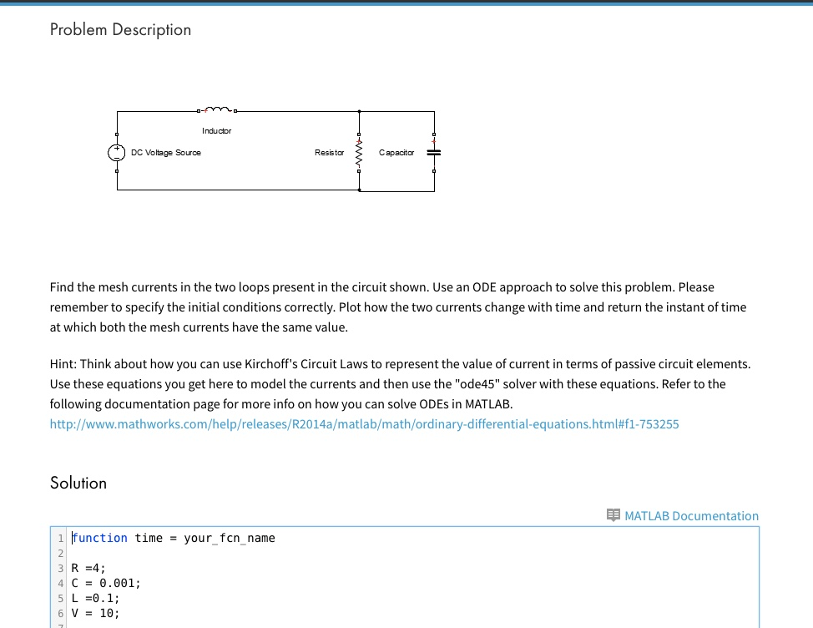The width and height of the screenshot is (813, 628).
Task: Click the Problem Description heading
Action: pos(120,30)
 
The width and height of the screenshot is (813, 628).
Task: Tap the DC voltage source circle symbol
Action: pos(116,153)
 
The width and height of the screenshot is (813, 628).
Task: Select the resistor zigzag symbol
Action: pos(359,153)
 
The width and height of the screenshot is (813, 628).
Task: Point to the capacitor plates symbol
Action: pos(433,153)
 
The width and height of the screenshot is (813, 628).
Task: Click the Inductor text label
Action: pos(216,131)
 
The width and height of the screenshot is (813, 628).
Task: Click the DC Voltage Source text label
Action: pos(166,153)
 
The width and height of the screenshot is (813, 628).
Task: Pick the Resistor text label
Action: pos(329,153)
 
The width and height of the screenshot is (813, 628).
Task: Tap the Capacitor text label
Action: pos(396,153)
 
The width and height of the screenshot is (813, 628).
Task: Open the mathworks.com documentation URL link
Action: pos(364,424)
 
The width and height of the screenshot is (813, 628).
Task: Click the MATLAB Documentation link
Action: pos(691,516)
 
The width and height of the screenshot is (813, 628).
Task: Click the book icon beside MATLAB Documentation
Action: pos(614,515)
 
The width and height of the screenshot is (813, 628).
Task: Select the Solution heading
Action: pos(78,484)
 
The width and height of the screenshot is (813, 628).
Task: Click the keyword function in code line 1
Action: pos(100,538)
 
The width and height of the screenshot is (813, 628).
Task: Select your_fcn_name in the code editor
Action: pos(229,538)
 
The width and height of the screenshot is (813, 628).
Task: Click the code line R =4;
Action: pos(89,568)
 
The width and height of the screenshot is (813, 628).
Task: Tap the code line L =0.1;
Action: pos(96,598)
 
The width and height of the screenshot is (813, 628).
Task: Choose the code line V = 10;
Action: pos(96,613)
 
